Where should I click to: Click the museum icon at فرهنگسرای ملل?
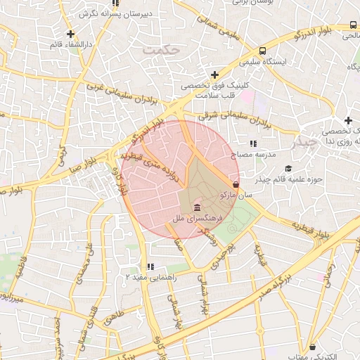[195, 209]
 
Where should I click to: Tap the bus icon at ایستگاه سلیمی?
[262, 51]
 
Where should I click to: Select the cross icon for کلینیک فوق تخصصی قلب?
[214, 75]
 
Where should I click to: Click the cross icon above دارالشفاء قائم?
[70, 34]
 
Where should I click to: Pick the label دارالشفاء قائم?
[71, 45]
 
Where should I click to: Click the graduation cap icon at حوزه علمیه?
[288, 168]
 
